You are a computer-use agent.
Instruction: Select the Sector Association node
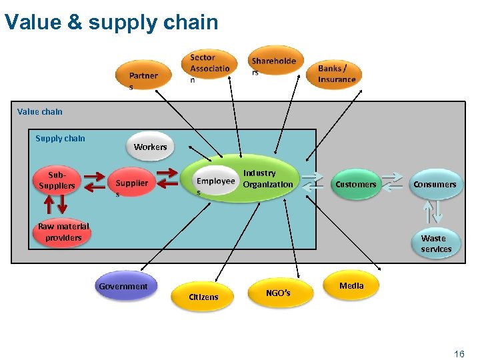click(209, 67)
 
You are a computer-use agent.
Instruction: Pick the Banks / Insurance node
click(337, 74)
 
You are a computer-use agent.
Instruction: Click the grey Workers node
click(151, 147)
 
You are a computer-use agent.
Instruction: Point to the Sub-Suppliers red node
click(57, 181)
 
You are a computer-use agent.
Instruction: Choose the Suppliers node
click(131, 183)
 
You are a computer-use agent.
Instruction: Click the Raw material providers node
click(63, 232)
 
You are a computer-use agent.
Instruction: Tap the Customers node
click(356, 184)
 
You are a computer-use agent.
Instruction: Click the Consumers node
click(435, 184)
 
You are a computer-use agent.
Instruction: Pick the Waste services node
click(436, 243)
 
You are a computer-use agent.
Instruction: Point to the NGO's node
click(278, 292)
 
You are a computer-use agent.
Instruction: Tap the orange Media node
click(351, 285)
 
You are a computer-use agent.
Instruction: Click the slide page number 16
click(459, 353)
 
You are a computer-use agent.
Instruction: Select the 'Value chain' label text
click(40, 111)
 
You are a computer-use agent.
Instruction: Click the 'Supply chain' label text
click(60, 139)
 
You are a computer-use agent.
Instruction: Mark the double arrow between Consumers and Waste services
click(434, 213)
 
